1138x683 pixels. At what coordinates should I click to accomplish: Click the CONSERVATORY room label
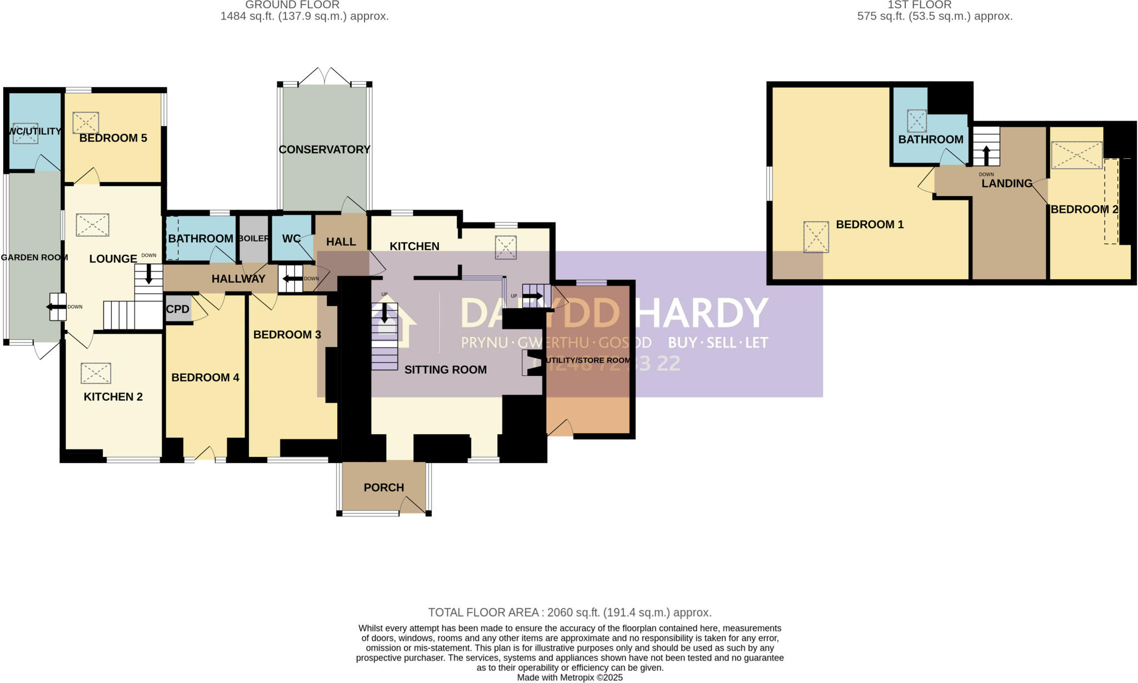point(324,149)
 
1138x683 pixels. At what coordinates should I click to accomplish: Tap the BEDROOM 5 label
point(113,138)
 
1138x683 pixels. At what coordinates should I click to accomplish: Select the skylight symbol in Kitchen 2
point(96,373)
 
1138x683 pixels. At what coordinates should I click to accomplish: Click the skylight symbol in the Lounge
point(92,225)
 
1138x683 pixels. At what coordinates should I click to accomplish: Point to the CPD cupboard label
point(178,309)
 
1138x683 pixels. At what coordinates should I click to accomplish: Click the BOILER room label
point(253,239)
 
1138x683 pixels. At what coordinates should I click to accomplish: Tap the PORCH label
point(383,488)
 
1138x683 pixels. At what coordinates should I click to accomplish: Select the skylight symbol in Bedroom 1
point(816,237)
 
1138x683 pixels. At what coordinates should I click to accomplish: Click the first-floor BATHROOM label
point(931,139)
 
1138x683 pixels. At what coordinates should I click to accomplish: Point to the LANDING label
point(1006,183)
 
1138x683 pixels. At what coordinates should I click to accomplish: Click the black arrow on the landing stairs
point(986,155)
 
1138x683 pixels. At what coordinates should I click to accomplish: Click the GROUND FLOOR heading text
point(292,5)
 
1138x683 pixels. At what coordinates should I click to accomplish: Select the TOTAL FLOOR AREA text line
point(570,612)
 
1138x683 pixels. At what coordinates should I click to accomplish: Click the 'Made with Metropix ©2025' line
point(570,677)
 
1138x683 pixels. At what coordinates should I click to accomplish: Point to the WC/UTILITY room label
point(34,132)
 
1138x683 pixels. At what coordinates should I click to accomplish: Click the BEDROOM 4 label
point(205,378)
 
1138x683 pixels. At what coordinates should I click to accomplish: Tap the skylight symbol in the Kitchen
point(506,248)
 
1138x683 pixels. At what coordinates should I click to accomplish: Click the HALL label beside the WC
point(341,242)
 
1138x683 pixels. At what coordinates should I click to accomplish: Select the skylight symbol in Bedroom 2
point(1076,155)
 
